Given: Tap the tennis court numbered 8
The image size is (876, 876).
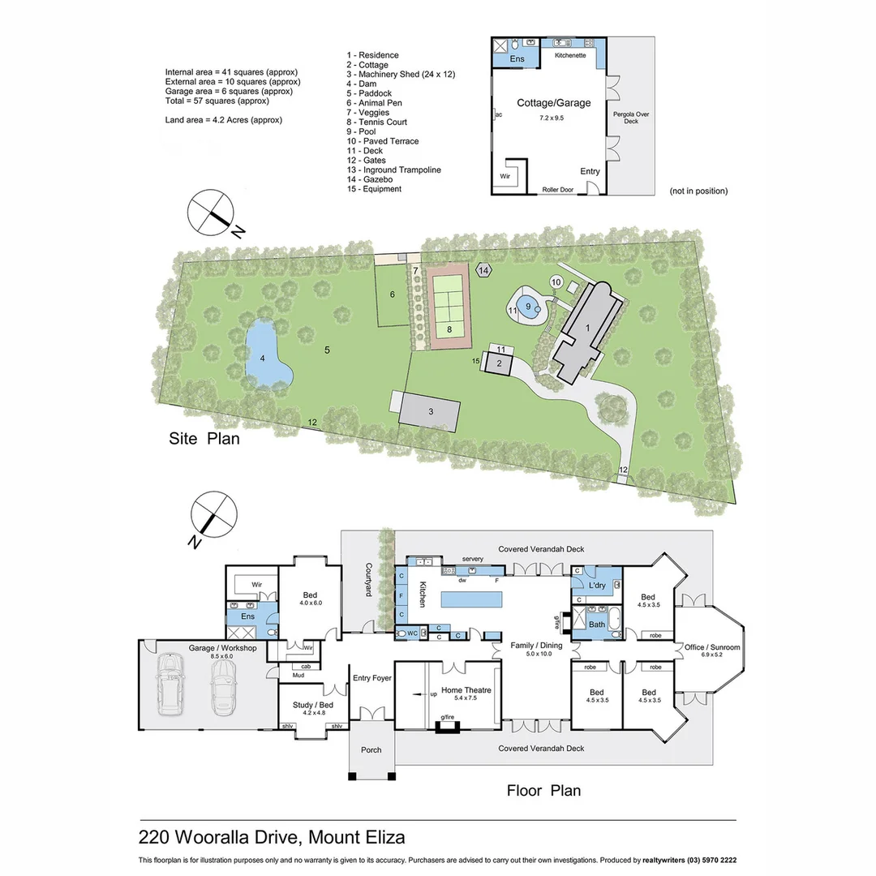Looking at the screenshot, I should pos(449,305).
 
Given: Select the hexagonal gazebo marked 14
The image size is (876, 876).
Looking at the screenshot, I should pos(484,270).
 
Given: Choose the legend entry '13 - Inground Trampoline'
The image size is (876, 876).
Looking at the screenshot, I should pos(393,170).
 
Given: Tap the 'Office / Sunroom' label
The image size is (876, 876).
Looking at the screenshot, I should pos(711,647).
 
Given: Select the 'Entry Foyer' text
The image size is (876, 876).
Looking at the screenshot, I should pos(371,678).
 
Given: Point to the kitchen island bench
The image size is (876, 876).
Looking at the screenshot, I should pos(472,600).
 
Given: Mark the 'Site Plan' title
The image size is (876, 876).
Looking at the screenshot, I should pos(204,439).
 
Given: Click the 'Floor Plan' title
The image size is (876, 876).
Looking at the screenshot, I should pos(543,790).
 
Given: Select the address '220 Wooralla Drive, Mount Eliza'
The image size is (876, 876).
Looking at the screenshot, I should pos(272,836).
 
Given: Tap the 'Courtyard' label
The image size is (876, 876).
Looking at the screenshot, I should pos(368,580).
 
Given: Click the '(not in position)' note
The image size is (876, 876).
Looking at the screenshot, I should pos(698,191).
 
